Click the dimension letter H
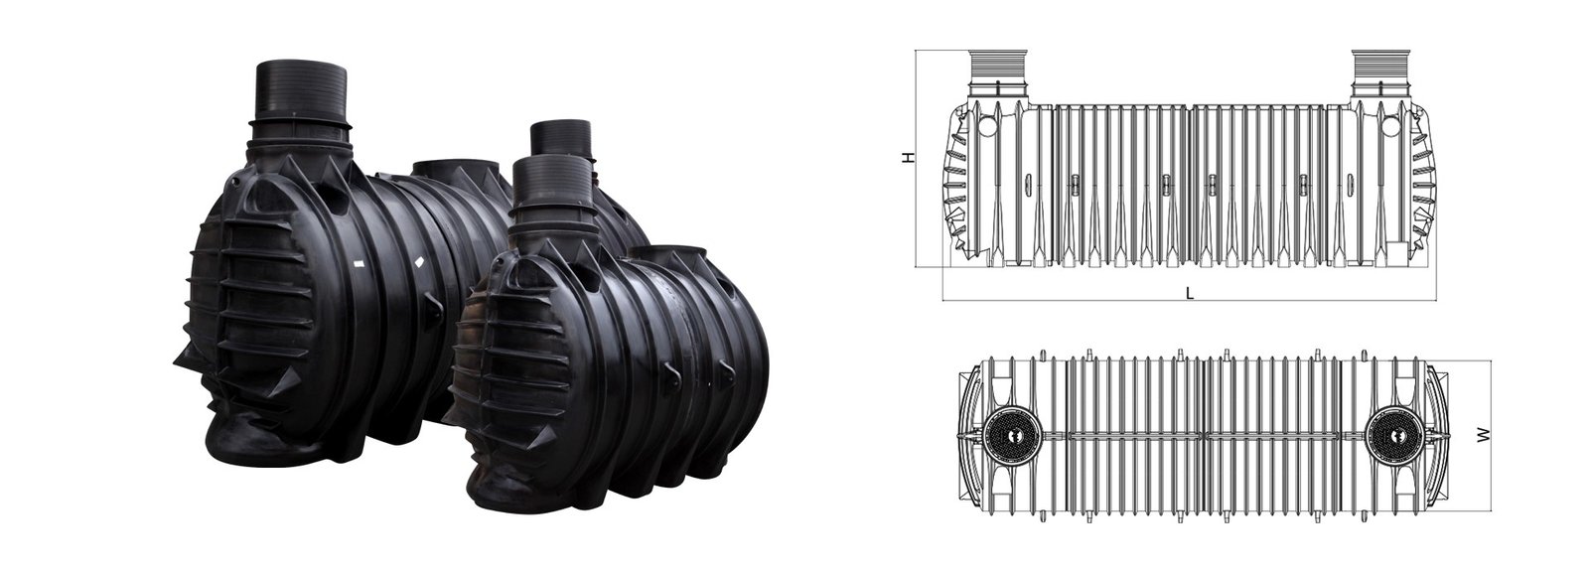tap(908, 158)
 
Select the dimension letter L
tap(1190, 292)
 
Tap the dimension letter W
tap(1484, 435)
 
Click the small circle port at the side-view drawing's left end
tap(988, 127)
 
